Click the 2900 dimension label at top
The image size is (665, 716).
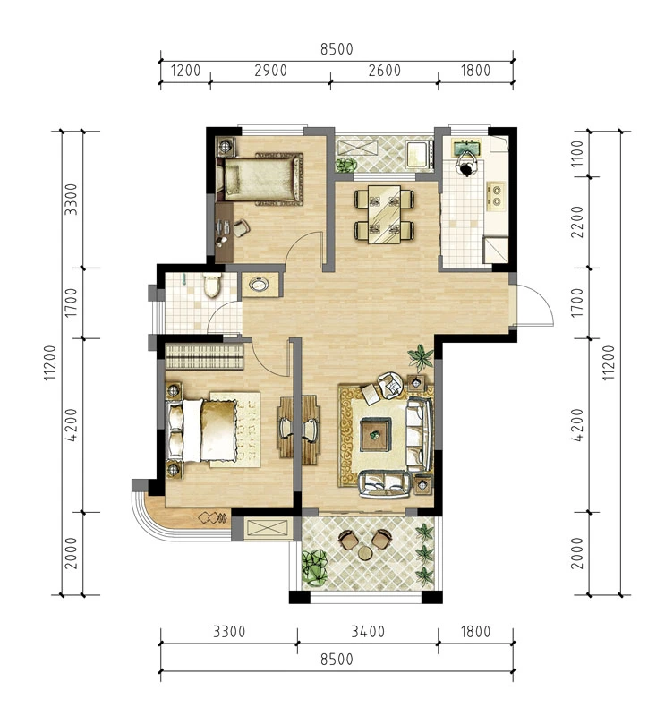pos(271,71)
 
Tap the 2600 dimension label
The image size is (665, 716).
pos(385,71)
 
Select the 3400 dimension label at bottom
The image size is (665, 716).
pos(368,632)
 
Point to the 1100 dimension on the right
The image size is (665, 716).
pos(577,153)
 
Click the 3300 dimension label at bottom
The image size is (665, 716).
pos(229,632)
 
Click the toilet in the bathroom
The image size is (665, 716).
pos(211,286)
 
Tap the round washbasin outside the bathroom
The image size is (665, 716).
pos(260,285)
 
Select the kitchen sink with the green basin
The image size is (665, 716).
pos(466,148)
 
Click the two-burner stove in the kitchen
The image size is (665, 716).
pos(496,195)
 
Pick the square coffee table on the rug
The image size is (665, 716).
pos(375,435)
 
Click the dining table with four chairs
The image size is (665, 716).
pos(385,214)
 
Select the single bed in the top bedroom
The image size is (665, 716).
pos(260,178)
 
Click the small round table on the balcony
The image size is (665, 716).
pos(365,553)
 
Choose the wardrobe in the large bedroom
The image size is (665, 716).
pos(205,356)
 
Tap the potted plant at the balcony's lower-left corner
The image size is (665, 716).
pos(315,567)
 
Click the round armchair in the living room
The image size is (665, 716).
pos(390,384)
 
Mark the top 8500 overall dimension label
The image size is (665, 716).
pos(337,49)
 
